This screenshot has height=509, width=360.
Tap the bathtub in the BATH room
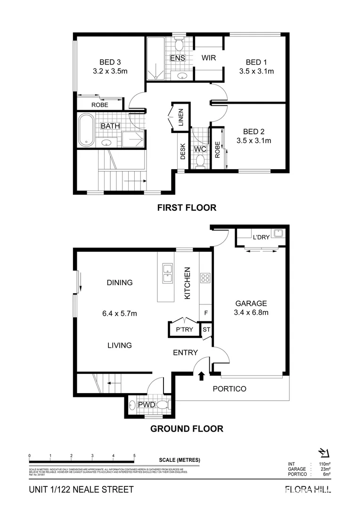pos(86,130)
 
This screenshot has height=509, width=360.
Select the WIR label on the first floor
pos(208,58)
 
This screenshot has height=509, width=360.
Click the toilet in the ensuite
pos(179,46)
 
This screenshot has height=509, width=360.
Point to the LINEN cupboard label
pos(180,118)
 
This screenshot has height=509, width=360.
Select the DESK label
pos(183,151)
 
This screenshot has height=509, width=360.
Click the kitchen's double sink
pos(167,273)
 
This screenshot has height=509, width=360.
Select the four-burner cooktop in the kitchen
pos(205,278)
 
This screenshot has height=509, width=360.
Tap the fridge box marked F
pos(205,312)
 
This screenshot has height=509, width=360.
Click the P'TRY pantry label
pos(184,329)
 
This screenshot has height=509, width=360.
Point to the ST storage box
pos(206,329)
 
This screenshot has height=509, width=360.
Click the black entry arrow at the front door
pos(202,376)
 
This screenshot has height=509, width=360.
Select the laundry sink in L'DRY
pos(278,233)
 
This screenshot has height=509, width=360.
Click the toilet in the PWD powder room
pos(163,405)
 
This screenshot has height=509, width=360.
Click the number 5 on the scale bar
pos(135,456)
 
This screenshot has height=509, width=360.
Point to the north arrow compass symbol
pos(324,453)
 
